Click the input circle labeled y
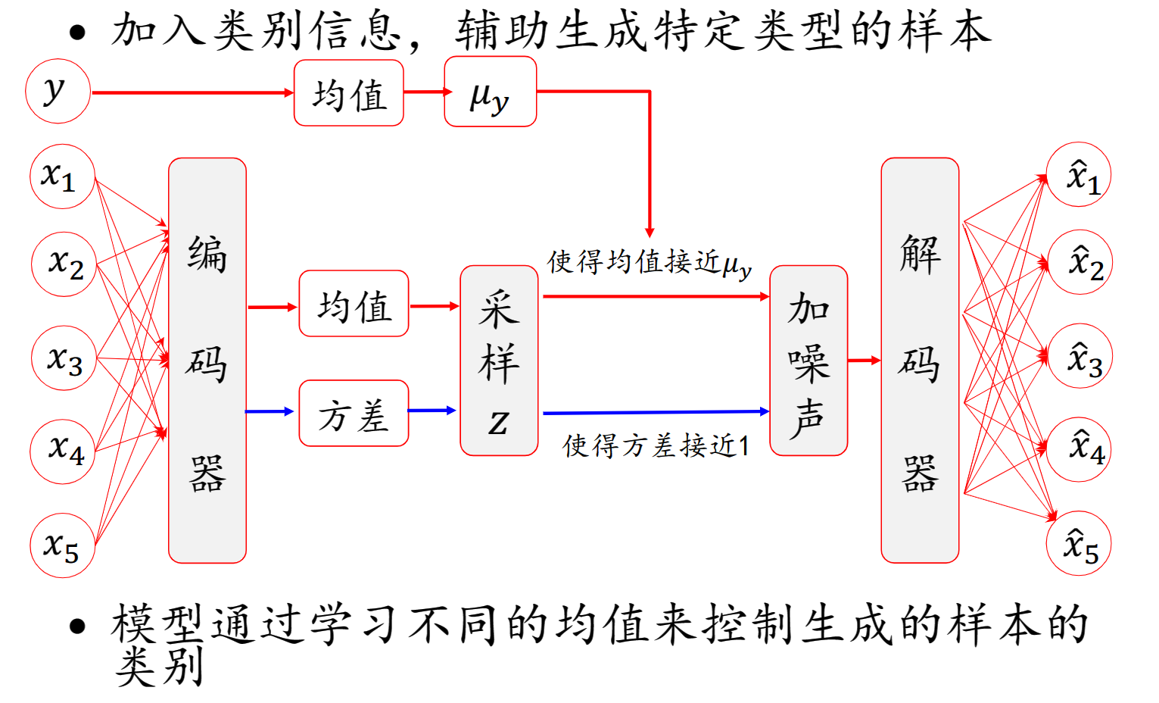[58, 91]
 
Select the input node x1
[62, 177]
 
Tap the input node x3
[64, 358]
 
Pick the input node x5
[62, 545]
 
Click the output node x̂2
[1080, 262]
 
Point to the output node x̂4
[1080, 449]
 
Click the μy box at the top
[490, 92]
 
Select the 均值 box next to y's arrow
[348, 93]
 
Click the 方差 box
[354, 414]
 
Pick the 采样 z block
[499, 361]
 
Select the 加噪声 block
[808, 361]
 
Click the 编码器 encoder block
[207, 361]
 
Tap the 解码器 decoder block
[920, 361]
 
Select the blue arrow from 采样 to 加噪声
[656, 413]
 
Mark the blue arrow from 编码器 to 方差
[269, 411]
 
